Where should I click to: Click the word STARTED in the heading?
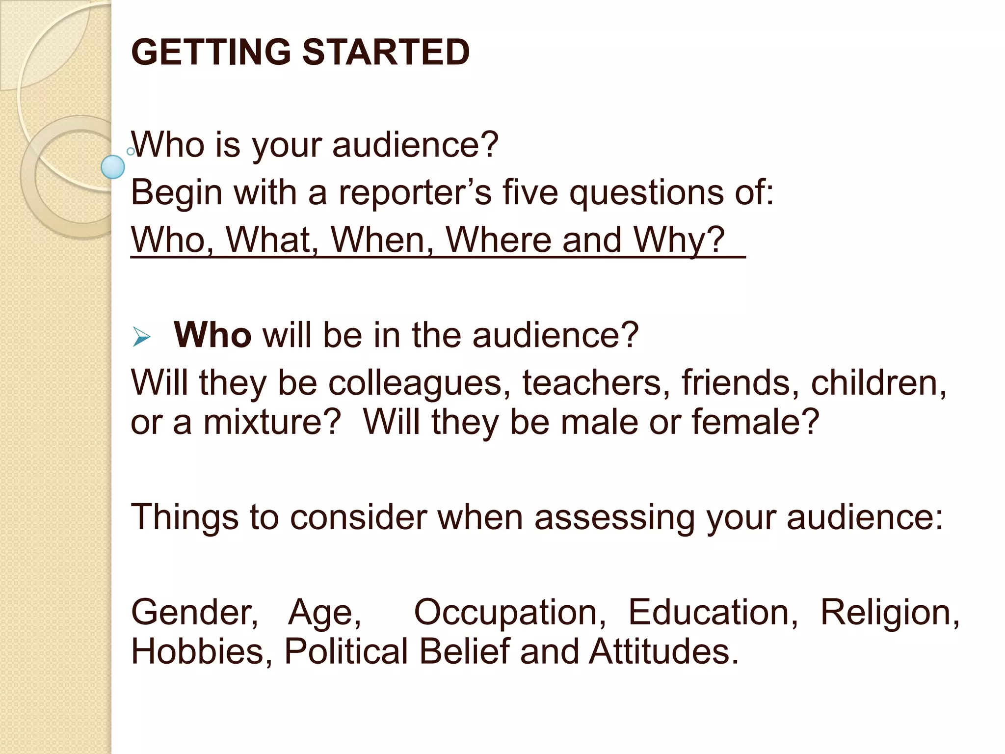(386, 52)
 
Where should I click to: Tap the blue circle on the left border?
(113, 167)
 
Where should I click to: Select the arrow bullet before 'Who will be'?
(141, 337)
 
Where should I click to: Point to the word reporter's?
(415, 192)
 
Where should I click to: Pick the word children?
(878, 383)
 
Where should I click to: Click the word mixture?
(272, 422)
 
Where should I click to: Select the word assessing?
(614, 517)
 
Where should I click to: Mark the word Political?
(346, 651)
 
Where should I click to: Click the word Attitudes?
(663, 651)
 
